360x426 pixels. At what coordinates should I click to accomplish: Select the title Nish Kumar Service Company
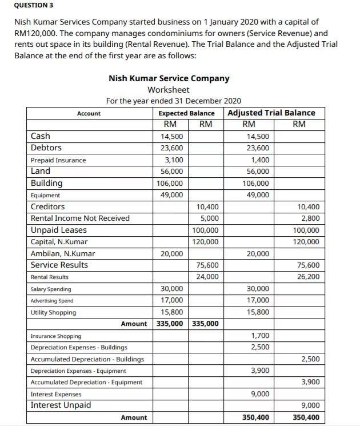click(169, 78)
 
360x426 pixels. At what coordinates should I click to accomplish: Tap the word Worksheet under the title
click(169, 90)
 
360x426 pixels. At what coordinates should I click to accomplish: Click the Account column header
click(89, 113)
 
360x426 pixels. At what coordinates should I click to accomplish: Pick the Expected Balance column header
click(186, 113)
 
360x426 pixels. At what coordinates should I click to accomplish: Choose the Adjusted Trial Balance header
click(271, 113)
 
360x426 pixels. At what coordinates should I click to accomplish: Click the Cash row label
click(40, 136)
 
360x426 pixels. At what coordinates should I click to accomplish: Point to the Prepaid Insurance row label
click(58, 160)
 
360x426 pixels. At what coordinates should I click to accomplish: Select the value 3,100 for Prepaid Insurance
click(174, 160)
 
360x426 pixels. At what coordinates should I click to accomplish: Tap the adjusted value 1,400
click(260, 160)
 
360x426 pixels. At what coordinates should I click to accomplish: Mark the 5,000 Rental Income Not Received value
click(209, 218)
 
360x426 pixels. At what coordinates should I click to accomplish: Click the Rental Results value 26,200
click(309, 277)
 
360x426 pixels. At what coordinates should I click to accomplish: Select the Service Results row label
click(59, 265)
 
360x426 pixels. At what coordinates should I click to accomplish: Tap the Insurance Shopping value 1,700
click(260, 336)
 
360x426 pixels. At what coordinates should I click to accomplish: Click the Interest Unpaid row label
click(61, 405)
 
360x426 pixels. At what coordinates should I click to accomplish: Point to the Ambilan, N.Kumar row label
click(63, 253)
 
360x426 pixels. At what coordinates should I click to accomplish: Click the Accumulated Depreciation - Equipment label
click(86, 382)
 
